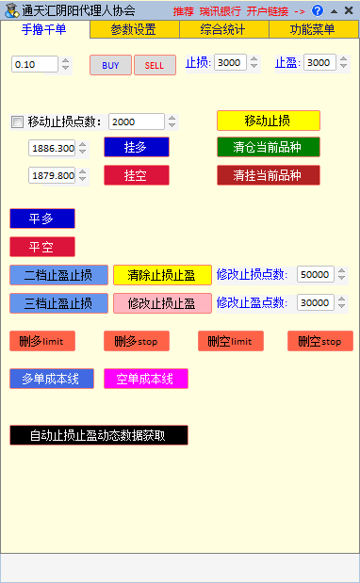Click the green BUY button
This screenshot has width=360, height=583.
pos(110,65)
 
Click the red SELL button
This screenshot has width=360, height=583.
pos(155,65)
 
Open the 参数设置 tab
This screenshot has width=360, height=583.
pos(133,29)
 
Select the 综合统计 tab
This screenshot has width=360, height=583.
pos(223,29)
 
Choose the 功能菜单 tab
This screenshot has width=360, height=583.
pos(312,29)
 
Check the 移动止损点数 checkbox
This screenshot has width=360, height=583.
pos(17,121)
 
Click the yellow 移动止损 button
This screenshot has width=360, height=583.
pos(268,121)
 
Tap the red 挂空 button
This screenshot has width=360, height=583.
pos(136,175)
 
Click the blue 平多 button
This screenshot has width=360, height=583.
pos(41,219)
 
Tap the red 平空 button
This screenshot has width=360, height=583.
pos(41,247)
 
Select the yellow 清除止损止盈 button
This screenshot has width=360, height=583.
pos(162,275)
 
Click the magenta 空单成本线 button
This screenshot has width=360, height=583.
pos(145,379)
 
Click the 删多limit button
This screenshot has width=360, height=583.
pos(41,341)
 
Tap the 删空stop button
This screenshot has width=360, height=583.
pos(319,341)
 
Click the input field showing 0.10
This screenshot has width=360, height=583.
pos(35,65)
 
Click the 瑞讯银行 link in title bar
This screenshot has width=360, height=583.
pos(220,10)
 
